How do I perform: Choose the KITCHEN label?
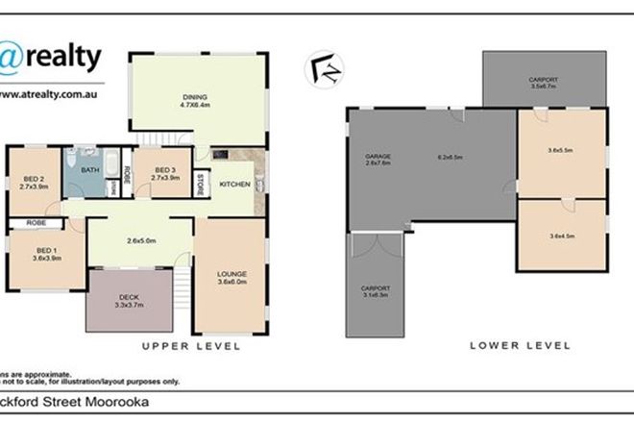tap(235, 184)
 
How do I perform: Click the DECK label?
tap(128, 298)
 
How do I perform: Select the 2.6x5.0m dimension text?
tap(141, 240)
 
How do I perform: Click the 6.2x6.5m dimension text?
tap(451, 156)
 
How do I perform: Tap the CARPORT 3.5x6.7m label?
tap(545, 83)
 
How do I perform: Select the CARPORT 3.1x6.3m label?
tap(376, 292)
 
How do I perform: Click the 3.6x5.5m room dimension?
tap(560, 150)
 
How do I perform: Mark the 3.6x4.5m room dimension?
tap(560, 236)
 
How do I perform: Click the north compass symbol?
tap(319, 69)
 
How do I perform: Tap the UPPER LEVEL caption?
tap(189, 345)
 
